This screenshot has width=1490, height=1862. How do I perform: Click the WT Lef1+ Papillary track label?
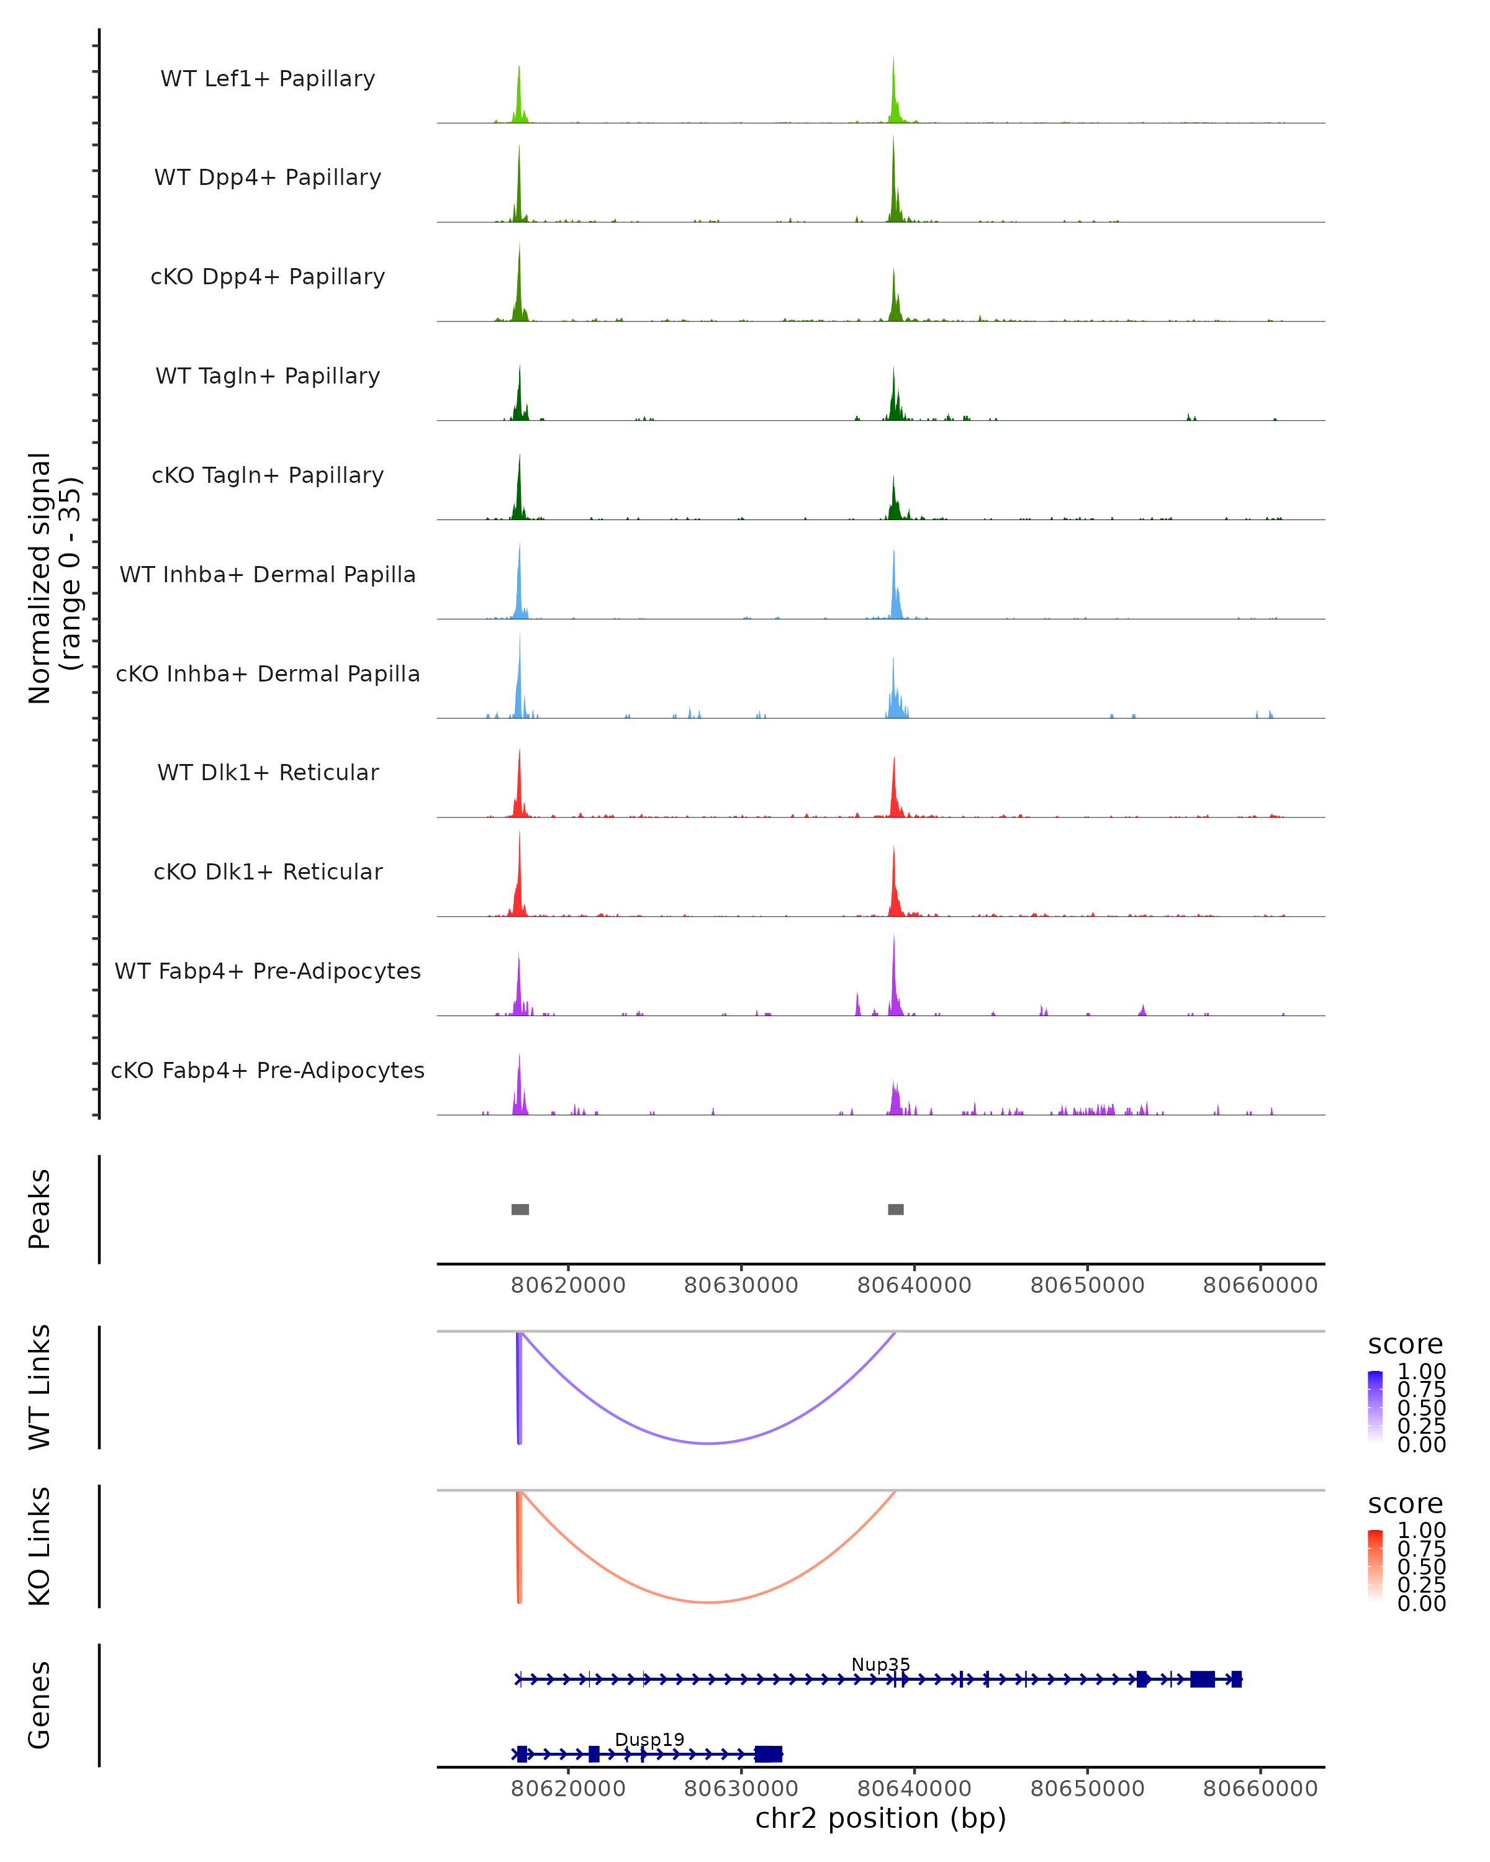tap(268, 79)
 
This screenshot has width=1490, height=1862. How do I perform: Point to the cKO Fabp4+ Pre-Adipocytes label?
tap(268, 1070)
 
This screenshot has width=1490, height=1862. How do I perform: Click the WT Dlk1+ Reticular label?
tap(268, 772)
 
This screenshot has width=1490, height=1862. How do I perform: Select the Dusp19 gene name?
tap(649, 1739)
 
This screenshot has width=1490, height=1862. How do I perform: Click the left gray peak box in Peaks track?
tap(520, 1209)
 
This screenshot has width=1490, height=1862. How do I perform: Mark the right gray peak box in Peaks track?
tap(896, 1209)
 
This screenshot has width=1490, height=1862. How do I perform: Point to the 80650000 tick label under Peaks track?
tap(1088, 1285)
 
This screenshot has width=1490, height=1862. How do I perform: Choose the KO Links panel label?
tap(40, 1546)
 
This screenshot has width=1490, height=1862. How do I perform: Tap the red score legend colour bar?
tap(1375, 1566)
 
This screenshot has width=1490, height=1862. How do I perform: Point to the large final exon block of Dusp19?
tap(768, 1754)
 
